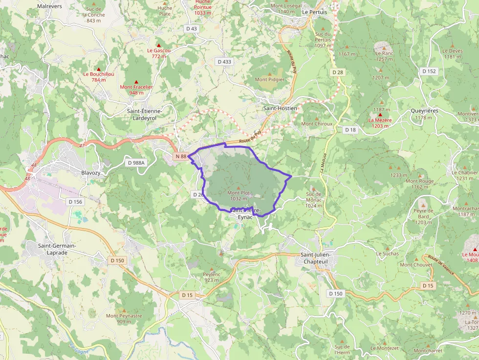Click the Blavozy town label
91,173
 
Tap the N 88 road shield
180,156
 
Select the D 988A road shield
136,163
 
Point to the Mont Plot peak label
239,195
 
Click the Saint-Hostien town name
280,108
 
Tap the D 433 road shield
224,62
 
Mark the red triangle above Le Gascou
158,45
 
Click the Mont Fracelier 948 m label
136,90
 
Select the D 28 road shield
338,72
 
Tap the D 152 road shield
429,71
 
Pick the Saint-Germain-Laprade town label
57,249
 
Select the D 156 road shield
76,202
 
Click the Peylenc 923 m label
211,277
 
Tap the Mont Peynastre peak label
124,318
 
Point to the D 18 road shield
350,130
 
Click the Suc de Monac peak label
313,200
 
